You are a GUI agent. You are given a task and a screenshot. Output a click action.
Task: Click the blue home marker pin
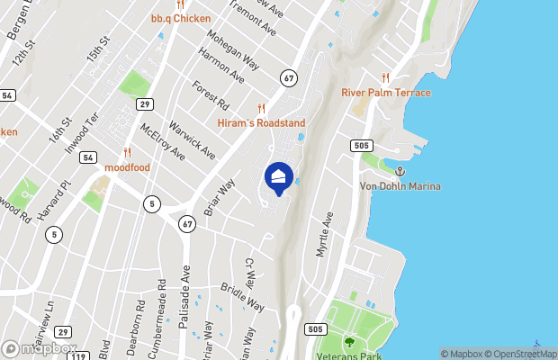[278, 178]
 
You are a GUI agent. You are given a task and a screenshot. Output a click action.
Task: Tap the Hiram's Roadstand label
[262, 122]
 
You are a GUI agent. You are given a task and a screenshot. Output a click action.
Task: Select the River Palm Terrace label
[385, 93]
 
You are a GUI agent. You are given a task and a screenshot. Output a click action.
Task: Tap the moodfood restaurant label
[127, 166]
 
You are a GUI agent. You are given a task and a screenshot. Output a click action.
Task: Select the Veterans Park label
[349, 354]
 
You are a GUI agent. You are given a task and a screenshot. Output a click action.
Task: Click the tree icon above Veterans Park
[349, 341]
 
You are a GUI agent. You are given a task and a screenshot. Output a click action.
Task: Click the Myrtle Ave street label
[324, 234]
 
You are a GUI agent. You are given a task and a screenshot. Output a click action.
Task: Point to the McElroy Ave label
[163, 142]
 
